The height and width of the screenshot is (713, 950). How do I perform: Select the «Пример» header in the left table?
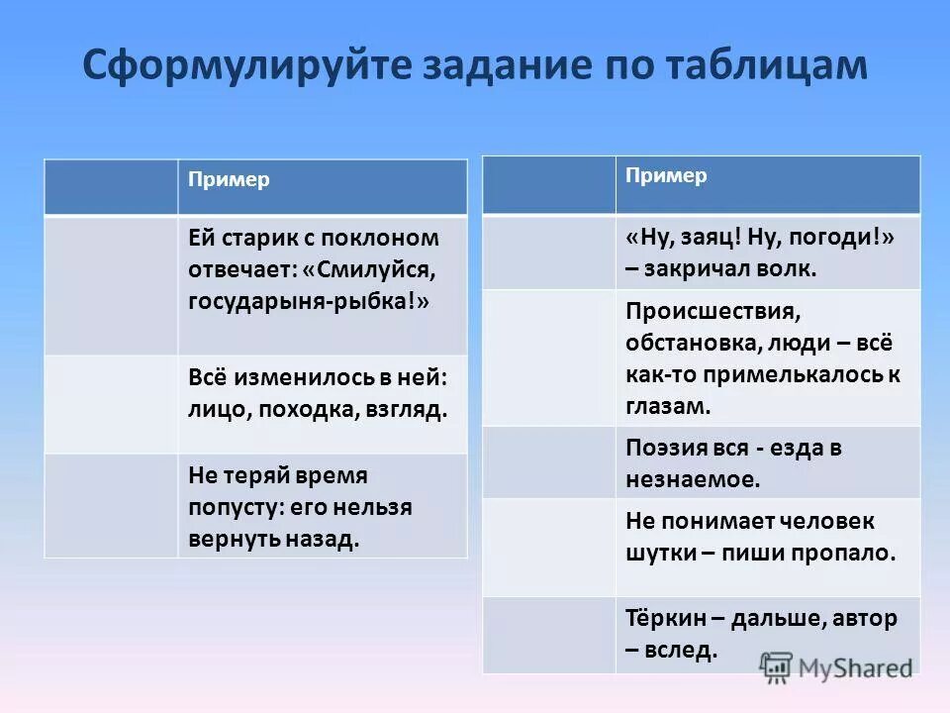230,180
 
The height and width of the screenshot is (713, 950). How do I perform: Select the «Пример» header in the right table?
666,175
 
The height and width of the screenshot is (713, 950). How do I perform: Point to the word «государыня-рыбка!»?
309,301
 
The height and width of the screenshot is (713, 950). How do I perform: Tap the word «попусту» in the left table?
231,507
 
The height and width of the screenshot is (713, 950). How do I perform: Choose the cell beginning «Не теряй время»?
322,506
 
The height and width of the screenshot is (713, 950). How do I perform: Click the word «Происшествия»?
712,311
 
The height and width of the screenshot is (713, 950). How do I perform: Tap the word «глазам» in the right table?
667,405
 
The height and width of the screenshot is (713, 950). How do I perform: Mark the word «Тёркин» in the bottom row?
664,618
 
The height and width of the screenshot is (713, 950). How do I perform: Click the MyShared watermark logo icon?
776,665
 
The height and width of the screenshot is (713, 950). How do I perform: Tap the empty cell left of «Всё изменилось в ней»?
111,404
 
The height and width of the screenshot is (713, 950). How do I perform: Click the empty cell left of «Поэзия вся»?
548,462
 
